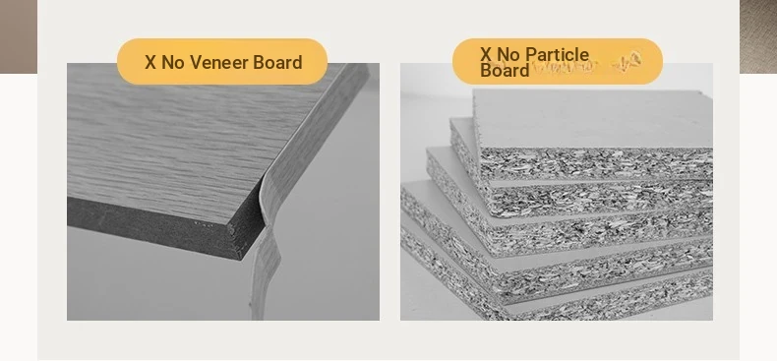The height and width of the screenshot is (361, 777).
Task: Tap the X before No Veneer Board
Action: (x=150, y=63)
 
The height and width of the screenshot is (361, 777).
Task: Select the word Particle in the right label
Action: (x=563, y=54)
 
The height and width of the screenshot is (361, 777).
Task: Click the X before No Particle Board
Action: (x=486, y=54)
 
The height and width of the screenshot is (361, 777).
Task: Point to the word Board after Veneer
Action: (x=277, y=63)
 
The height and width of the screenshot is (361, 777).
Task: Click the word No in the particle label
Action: (x=508, y=54)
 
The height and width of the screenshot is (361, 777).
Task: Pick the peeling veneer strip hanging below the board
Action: (x=266, y=268)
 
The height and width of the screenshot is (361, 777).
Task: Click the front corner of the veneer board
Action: (x=241, y=259)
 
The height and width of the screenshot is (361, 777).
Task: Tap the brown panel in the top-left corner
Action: (x=19, y=36)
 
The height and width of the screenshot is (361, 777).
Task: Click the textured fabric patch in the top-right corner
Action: (x=758, y=36)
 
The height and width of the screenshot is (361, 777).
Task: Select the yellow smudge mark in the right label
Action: (x=627, y=61)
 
